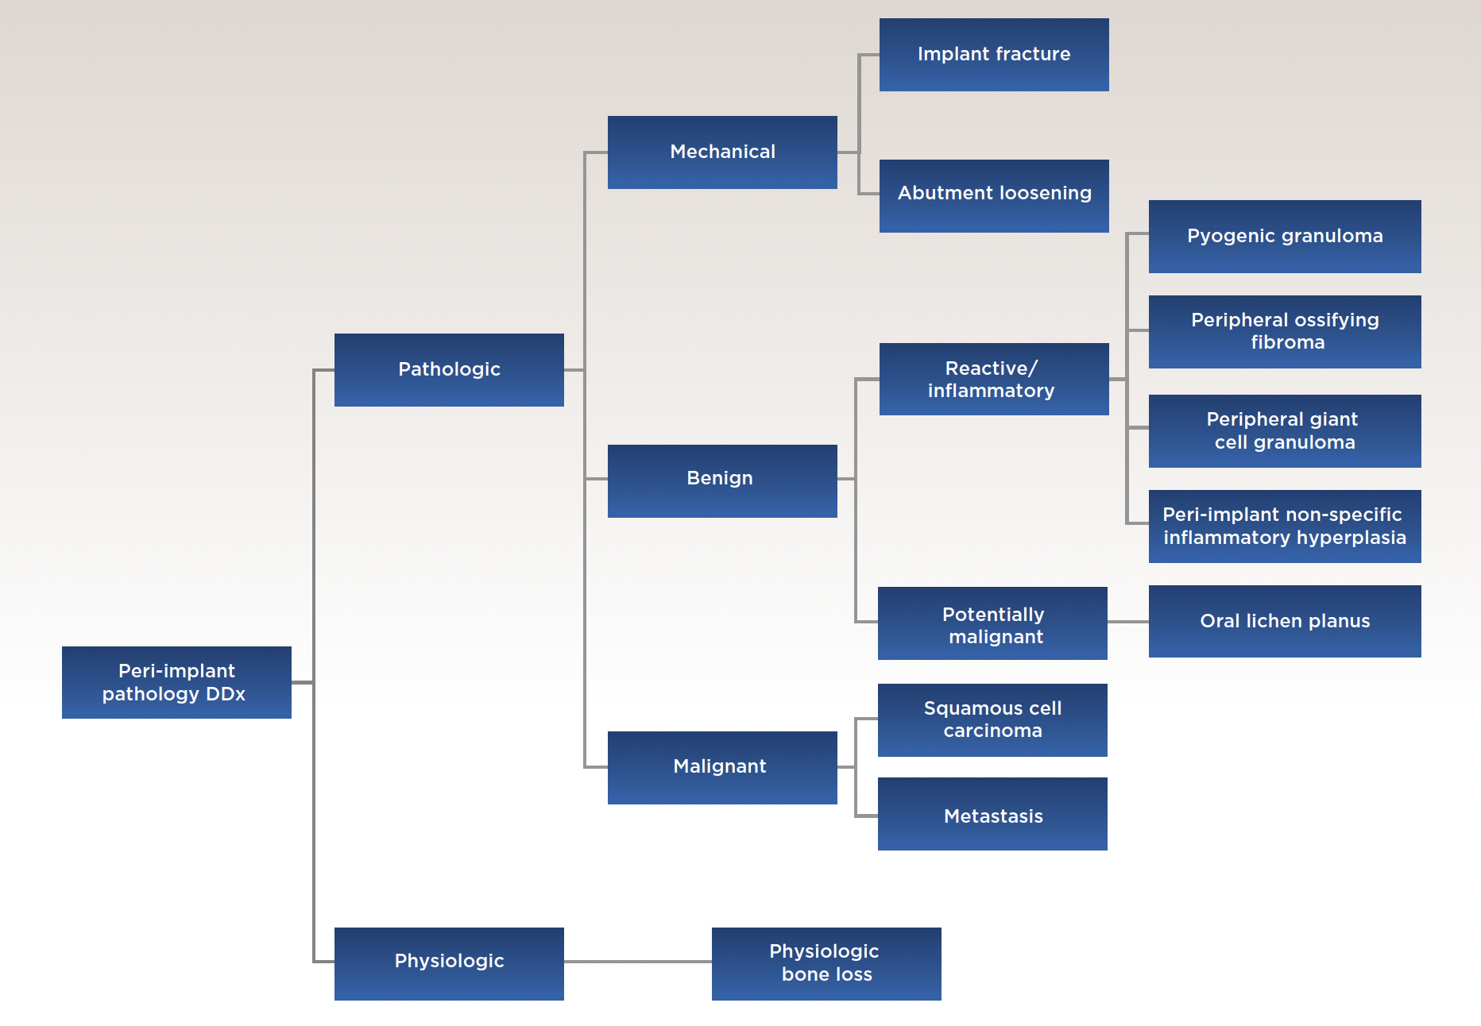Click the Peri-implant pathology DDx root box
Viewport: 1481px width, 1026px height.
click(x=176, y=682)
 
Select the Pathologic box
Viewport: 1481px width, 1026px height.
click(x=449, y=369)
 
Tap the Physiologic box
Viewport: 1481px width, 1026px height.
click(x=449, y=963)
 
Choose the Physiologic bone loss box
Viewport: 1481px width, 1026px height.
click(x=826, y=963)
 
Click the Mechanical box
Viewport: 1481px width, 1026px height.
click(x=722, y=152)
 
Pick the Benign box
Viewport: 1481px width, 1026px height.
click(x=722, y=480)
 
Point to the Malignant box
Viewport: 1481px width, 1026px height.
click(x=722, y=767)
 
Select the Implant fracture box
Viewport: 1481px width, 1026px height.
click(x=994, y=54)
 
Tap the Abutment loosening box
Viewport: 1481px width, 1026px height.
click(x=994, y=195)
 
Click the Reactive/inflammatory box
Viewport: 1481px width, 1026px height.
click(x=994, y=379)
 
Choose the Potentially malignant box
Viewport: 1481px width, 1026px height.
click(x=992, y=623)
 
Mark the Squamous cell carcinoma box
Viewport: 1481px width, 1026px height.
click(x=992, y=719)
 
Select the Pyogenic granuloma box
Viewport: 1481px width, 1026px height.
click(x=1285, y=236)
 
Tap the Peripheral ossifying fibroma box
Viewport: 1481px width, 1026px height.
click(x=1285, y=331)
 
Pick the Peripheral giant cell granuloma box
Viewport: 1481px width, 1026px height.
click(x=1285, y=430)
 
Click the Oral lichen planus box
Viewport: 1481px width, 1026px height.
click(x=1285, y=621)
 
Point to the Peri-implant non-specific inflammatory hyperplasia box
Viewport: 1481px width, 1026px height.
click(x=1285, y=526)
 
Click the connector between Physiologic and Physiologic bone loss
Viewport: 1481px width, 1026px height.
click(x=638, y=962)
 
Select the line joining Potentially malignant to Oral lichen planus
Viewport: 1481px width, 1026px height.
click(x=1128, y=622)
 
